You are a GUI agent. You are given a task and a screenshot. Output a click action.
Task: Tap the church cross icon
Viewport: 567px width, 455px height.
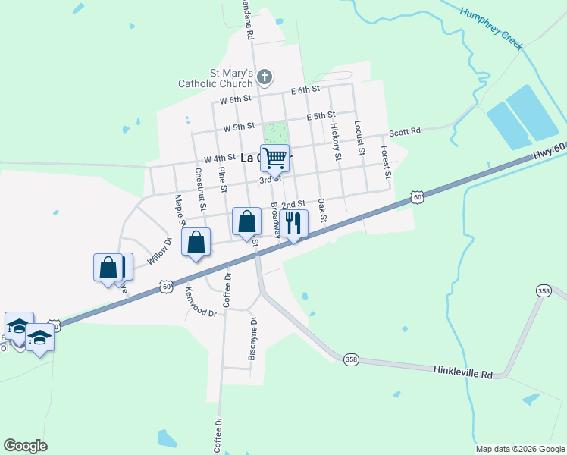(265, 76)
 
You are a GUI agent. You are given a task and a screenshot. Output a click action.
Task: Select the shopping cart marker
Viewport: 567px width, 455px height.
(275, 158)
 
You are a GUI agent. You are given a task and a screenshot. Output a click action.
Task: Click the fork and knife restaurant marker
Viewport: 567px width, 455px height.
(293, 224)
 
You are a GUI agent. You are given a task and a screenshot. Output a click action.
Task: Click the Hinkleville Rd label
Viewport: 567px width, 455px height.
(463, 373)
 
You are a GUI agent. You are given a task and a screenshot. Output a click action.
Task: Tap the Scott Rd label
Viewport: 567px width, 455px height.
(405, 132)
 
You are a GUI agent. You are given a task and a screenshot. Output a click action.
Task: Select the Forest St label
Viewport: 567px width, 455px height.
(386, 162)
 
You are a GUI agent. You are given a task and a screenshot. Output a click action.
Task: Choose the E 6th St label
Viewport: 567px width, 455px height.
(306, 90)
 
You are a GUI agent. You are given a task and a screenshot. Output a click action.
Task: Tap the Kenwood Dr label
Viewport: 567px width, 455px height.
(202, 302)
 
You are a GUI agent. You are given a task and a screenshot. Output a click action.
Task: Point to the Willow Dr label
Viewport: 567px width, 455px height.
(160, 250)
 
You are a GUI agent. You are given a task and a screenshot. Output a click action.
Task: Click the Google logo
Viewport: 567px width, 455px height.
(25, 446)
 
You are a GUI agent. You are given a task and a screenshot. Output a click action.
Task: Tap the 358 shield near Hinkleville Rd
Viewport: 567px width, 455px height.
(350, 359)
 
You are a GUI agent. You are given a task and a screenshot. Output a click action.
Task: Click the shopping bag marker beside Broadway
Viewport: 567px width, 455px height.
(246, 222)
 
